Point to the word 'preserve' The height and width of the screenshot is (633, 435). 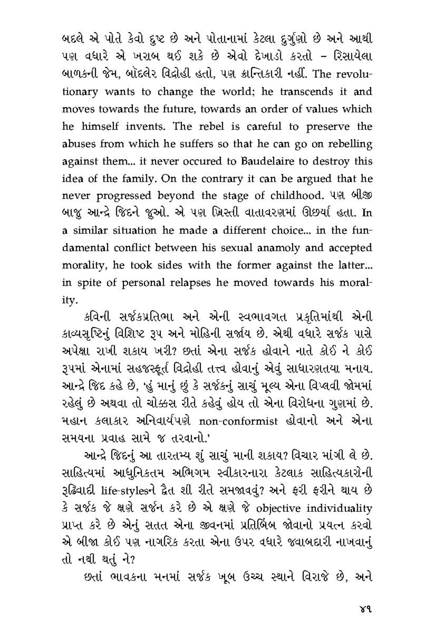(330, 127)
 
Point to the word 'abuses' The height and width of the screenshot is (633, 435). (77, 144)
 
